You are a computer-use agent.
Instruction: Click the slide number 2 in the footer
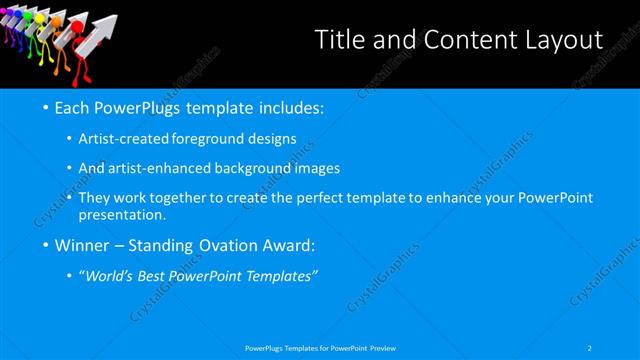590,347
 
